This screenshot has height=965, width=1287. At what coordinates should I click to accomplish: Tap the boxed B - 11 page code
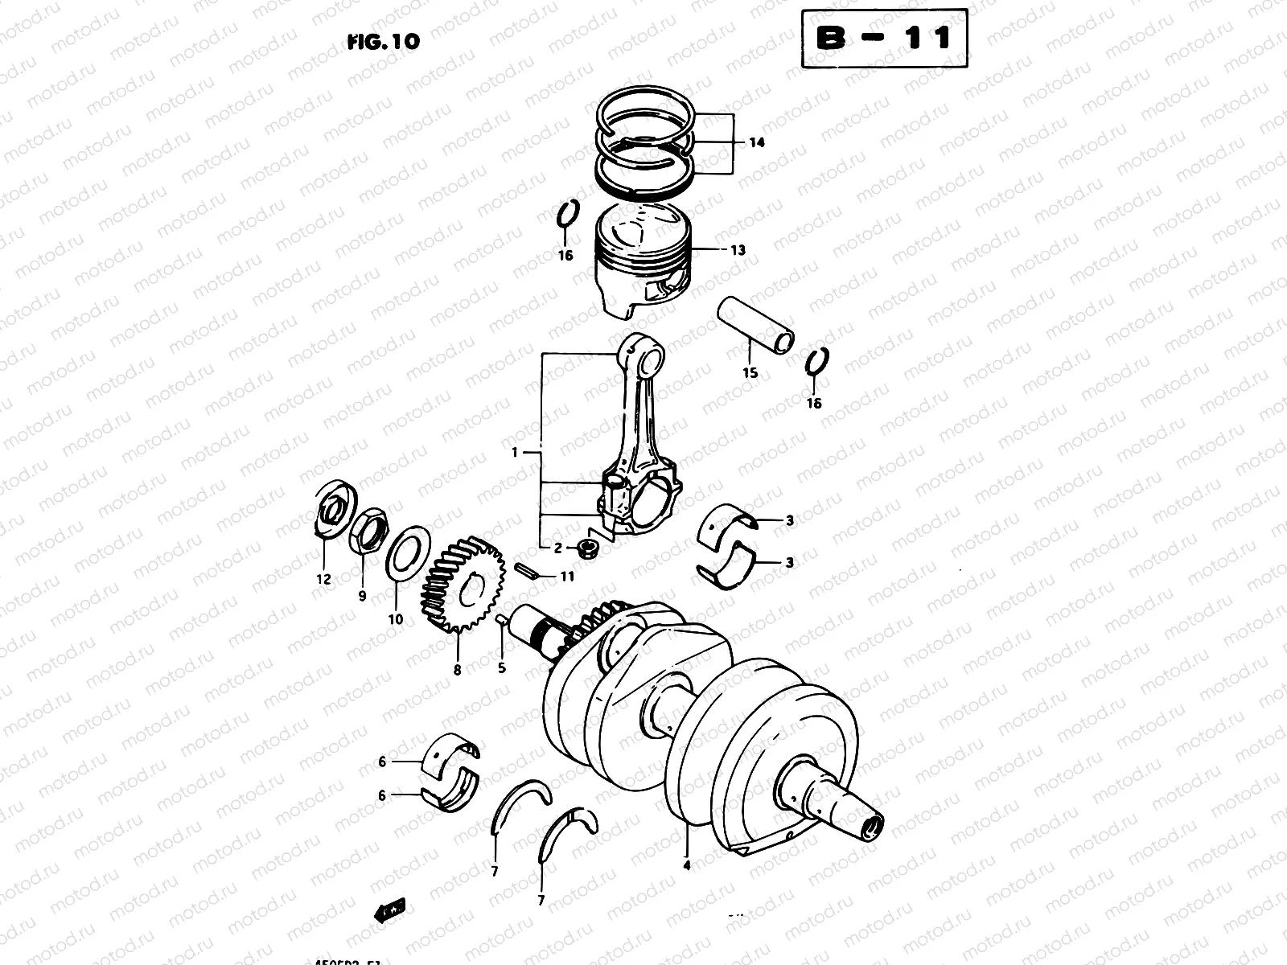[884, 38]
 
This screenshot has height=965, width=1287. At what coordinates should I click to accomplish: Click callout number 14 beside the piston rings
[756, 143]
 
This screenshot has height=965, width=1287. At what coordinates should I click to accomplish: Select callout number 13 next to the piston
[738, 250]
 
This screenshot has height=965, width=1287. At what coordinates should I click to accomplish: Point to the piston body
[642, 265]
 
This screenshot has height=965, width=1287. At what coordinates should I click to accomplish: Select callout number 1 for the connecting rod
[515, 453]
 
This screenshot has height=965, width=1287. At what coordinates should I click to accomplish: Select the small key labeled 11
[528, 572]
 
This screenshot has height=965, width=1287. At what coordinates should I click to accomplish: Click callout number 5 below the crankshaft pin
[502, 667]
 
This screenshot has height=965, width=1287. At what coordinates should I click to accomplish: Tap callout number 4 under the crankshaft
[686, 866]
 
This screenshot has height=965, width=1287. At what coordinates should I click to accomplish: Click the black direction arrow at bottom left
[389, 910]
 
